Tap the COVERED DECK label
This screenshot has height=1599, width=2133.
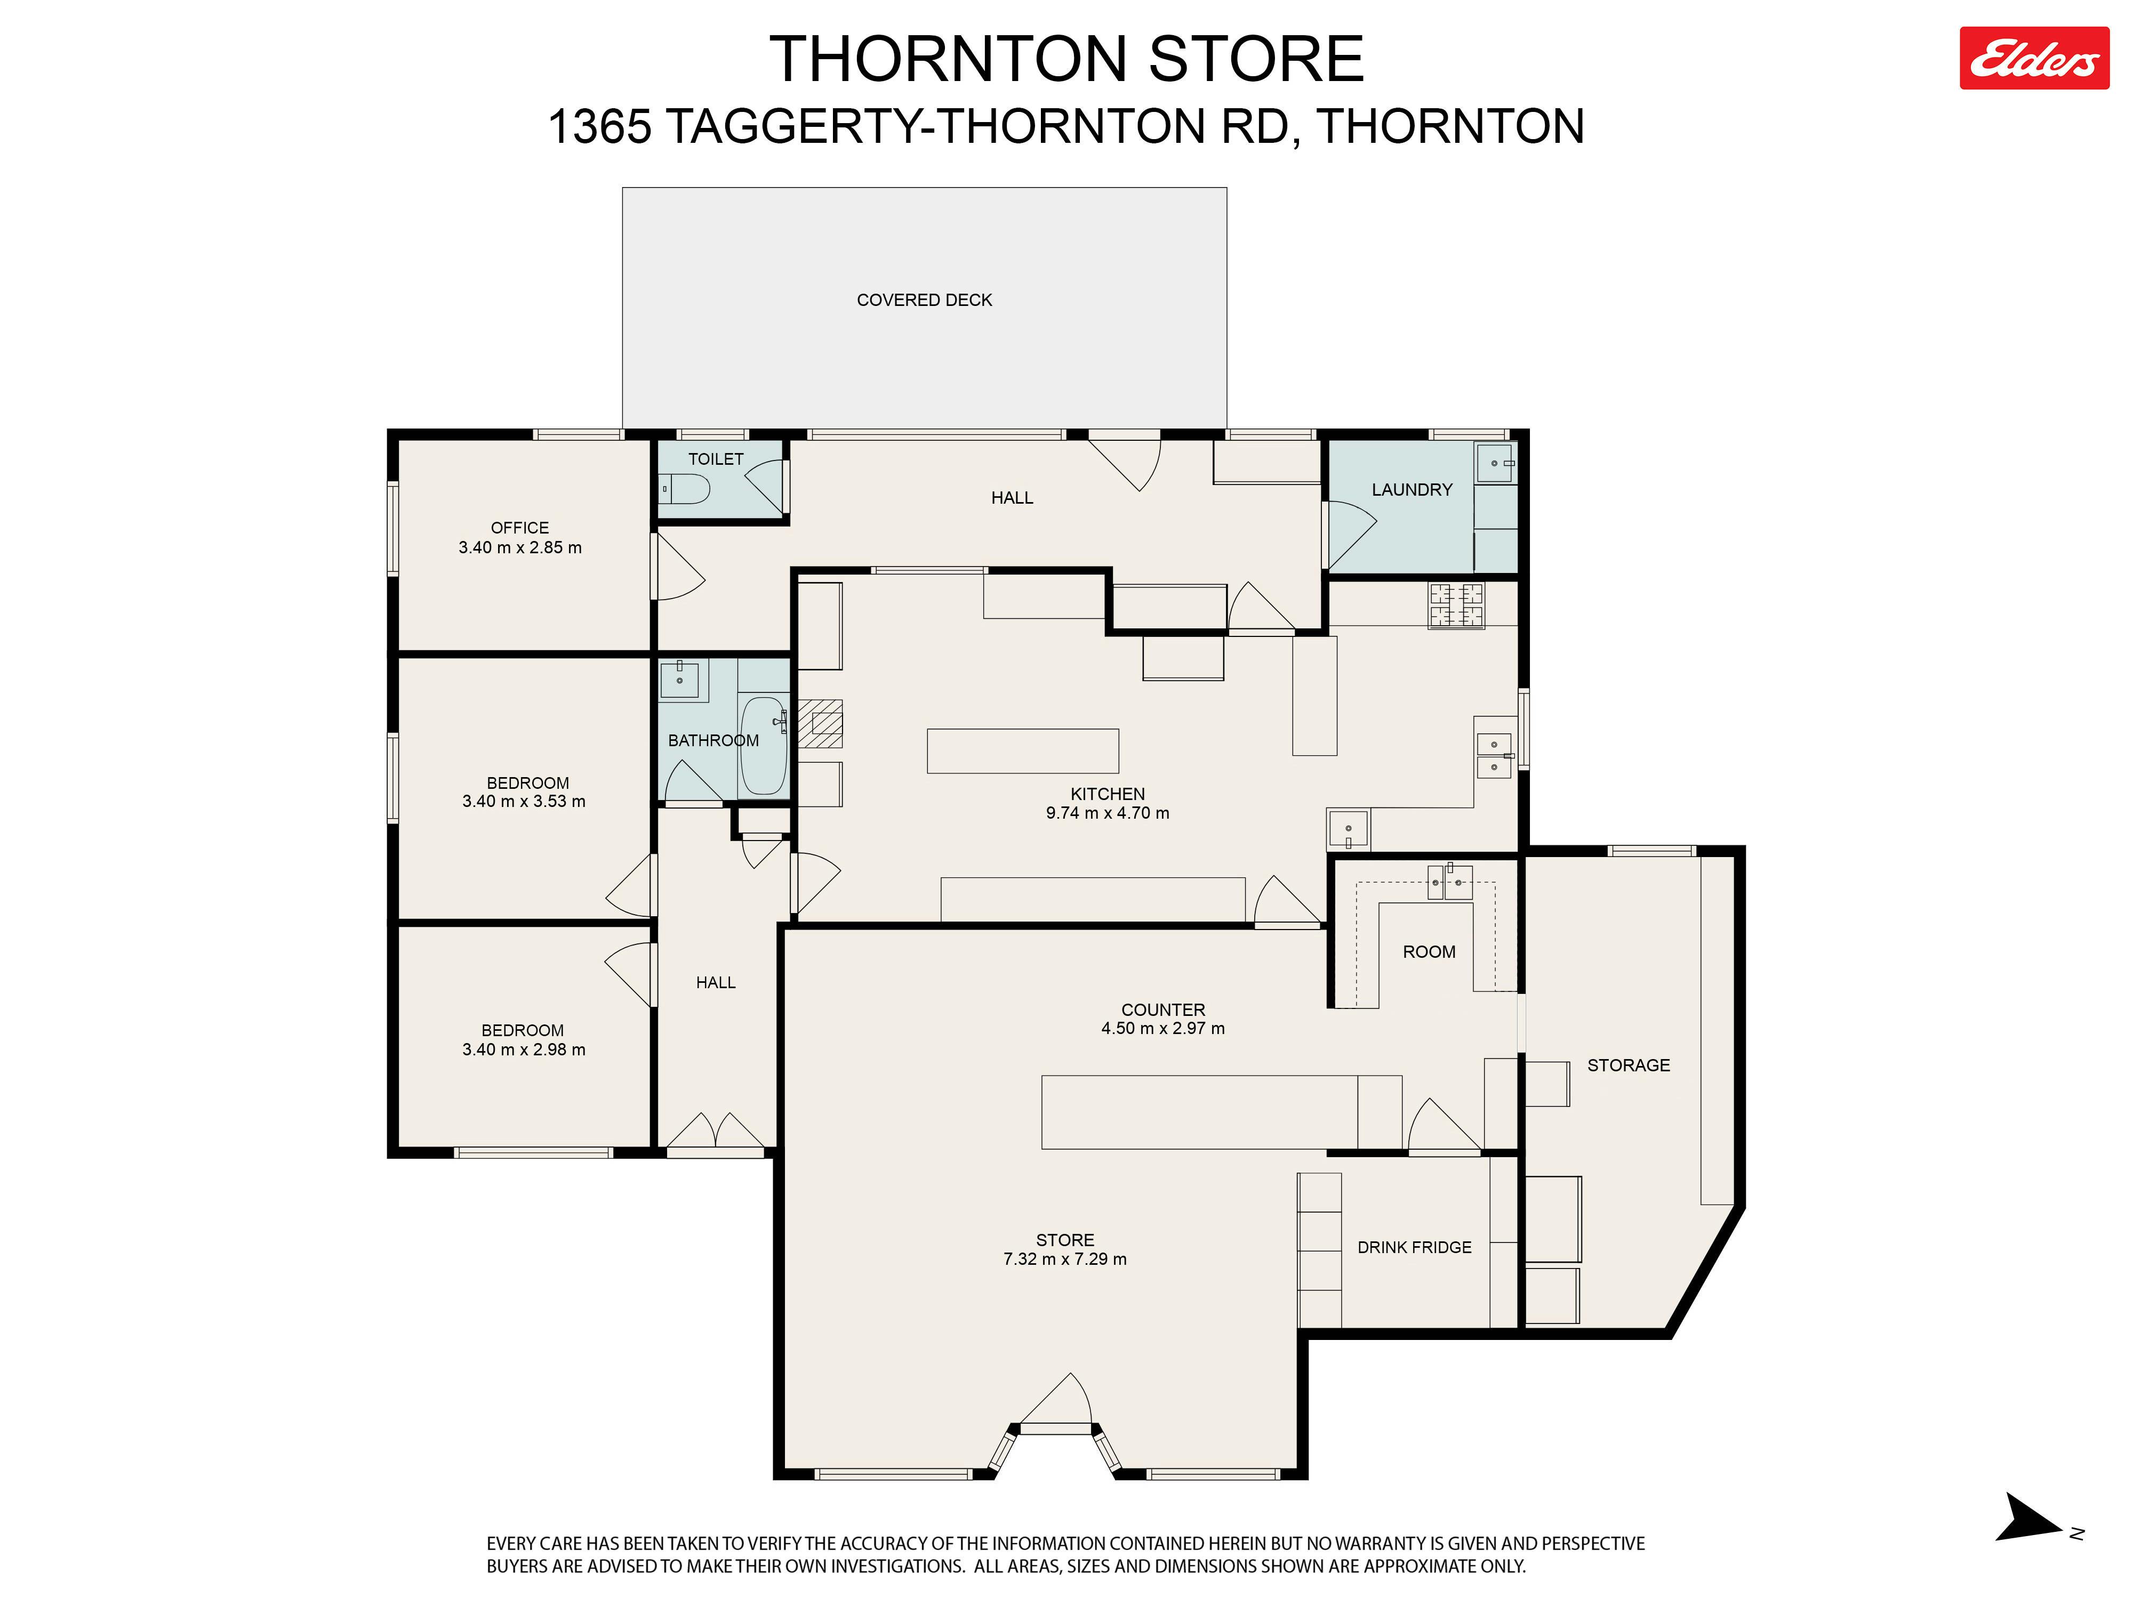coord(924,300)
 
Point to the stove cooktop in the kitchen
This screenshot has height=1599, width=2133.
coord(1456,606)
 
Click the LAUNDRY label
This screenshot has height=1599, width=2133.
coord(1412,490)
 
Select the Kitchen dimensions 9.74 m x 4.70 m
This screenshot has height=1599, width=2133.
coord(1107,812)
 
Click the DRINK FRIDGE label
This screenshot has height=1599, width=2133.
coord(1415,1247)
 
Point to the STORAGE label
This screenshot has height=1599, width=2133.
coord(1629,1065)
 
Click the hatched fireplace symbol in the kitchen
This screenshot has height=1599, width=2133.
coord(821,723)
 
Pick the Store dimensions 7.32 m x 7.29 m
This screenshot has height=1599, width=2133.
coord(1064,1259)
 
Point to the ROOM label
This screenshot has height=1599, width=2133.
coord(1429,951)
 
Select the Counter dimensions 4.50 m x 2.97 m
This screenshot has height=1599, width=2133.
coord(1163,1028)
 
